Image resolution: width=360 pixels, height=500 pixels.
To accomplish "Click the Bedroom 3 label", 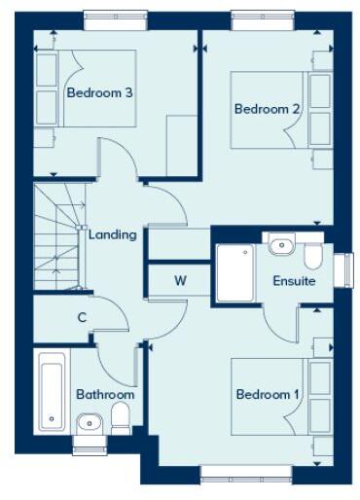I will tap(99, 93).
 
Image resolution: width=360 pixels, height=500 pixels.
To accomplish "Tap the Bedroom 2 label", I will tap(267, 109).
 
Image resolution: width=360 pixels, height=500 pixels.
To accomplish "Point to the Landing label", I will tap(112, 234).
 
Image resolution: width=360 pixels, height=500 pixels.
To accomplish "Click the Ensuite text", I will tap(294, 280).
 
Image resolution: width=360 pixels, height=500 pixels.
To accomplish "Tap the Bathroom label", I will tap(105, 394).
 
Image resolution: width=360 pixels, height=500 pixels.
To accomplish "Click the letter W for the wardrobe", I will tap(180, 280).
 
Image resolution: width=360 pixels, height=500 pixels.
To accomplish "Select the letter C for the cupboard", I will tap(83, 316).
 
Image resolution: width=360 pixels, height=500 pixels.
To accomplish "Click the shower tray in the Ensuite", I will tap(233, 271).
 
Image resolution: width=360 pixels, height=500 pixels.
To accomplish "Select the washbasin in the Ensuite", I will tap(281, 244).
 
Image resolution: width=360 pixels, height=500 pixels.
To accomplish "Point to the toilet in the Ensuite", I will tap(313, 255).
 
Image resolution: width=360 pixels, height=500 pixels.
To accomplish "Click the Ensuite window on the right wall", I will tap(341, 270).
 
